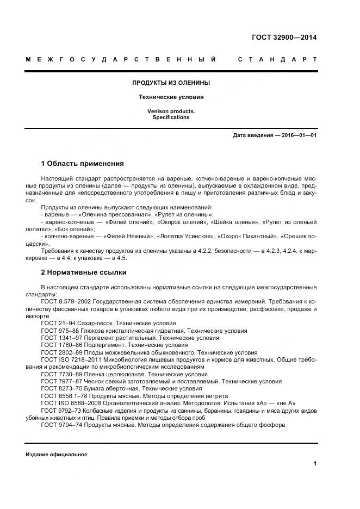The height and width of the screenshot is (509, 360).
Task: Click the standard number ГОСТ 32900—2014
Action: pos(284,38)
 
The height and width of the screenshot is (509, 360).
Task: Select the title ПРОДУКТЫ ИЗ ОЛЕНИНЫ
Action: pos(171,83)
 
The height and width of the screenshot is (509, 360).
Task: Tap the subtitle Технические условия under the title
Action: pos(171,97)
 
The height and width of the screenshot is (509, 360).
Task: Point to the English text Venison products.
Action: pos(171,111)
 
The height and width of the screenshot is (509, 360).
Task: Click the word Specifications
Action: pos(171,117)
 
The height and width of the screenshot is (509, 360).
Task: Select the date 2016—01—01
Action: pos(297,135)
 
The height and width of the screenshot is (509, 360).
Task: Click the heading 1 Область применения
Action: pos(83,163)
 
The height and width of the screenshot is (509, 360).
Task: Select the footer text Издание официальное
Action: pos(56,454)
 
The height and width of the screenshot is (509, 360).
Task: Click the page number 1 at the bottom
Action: pos(315,463)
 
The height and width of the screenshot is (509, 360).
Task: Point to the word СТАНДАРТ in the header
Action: pos(277,59)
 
